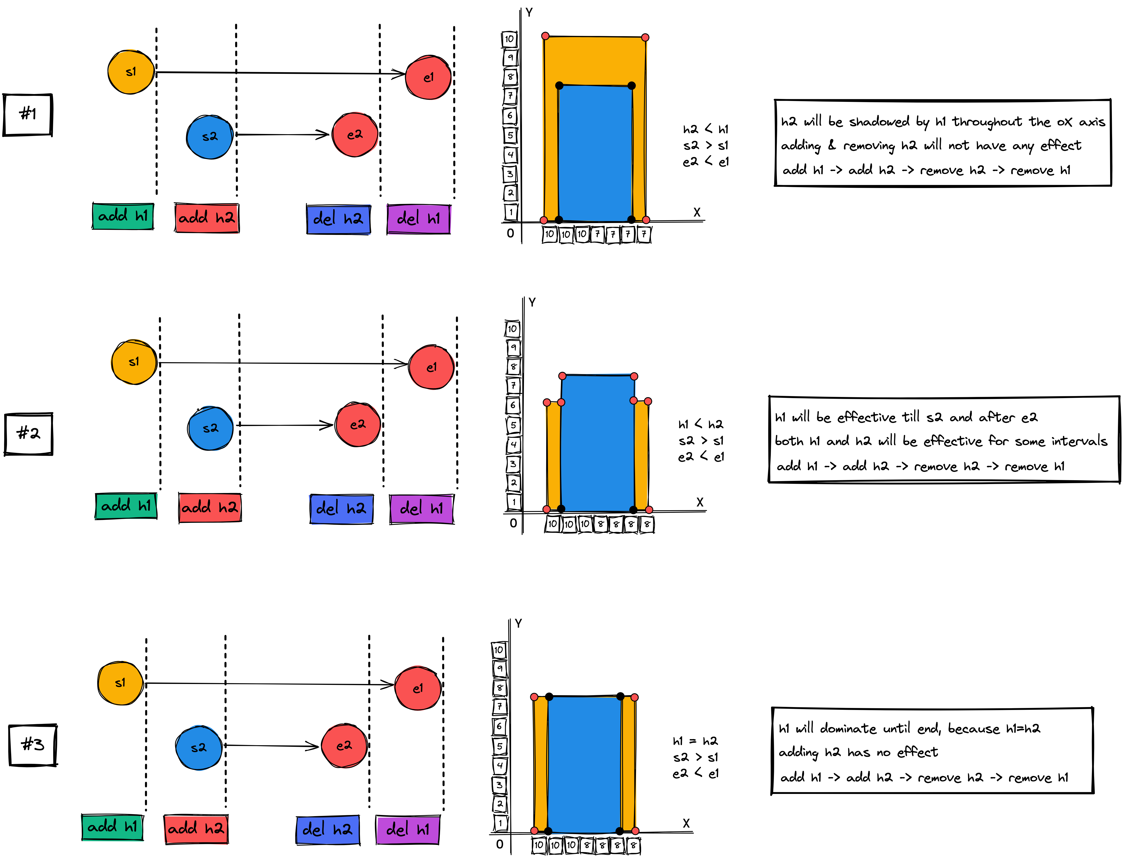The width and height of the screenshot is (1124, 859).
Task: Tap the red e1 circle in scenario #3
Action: coord(418,688)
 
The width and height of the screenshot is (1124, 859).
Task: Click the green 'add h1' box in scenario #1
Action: coord(123,216)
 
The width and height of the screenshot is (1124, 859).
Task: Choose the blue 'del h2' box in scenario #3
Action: coord(328,830)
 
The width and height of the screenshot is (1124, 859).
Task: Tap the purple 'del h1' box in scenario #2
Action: coord(422,509)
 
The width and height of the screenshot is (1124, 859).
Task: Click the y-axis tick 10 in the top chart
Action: coord(509,39)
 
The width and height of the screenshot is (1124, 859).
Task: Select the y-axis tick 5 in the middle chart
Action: coord(513,425)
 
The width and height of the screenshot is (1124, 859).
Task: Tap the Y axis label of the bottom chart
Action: coord(519,623)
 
